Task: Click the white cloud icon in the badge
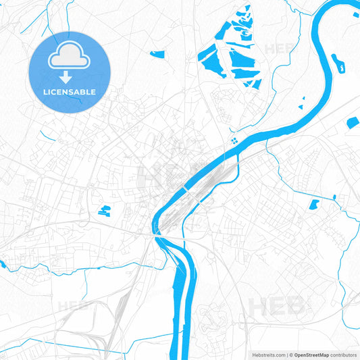[x=70, y=59]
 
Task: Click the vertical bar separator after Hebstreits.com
[x=286, y=354]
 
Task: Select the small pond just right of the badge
[x=157, y=54]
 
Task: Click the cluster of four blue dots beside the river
[x=234, y=140]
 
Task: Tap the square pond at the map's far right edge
[x=353, y=123]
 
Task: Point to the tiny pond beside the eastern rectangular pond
[x=334, y=197]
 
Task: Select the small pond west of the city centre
[x=104, y=210]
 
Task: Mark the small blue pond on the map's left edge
[x=3, y=264]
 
